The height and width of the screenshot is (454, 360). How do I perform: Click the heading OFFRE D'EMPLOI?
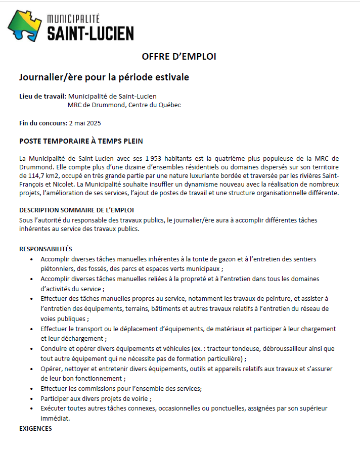click(179, 57)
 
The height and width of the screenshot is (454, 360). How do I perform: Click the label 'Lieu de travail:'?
click(42, 96)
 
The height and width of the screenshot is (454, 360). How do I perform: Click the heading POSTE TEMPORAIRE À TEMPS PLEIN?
click(84, 141)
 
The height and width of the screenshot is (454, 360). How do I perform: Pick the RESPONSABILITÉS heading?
click(46, 249)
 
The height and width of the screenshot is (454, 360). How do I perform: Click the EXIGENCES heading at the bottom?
click(35, 428)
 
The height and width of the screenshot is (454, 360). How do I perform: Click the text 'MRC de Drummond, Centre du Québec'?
click(124, 105)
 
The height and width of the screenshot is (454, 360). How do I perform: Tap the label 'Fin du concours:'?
click(43, 123)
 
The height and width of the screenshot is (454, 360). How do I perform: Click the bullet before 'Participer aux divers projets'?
click(33, 399)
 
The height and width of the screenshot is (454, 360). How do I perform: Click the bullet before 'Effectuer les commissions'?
click(33, 389)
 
